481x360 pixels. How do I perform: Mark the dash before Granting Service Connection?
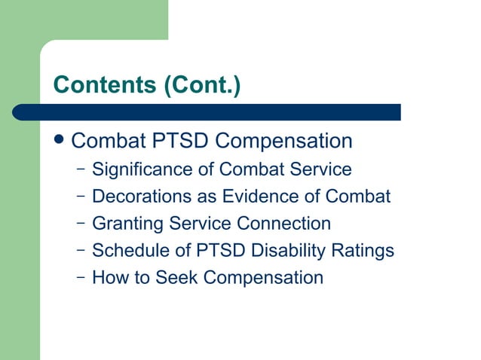tap(80, 223)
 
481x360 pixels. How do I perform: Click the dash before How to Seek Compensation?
tap(80, 276)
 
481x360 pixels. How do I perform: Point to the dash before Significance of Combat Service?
tap(80, 169)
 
